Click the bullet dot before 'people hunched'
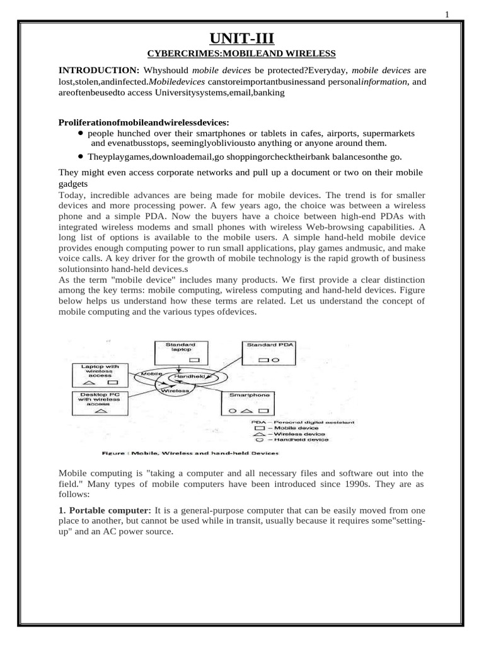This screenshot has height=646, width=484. point(81,134)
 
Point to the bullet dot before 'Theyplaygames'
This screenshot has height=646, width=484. point(81,156)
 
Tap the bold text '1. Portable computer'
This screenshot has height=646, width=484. point(104,509)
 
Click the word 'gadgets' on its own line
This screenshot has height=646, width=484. point(74,184)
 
